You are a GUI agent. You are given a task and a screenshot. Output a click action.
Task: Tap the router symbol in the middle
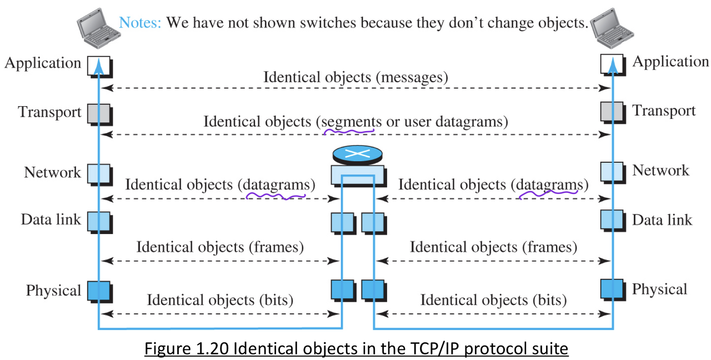(x=358, y=154)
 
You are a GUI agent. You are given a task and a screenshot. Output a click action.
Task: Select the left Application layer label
(x=43, y=63)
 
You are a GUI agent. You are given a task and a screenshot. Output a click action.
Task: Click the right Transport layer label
(x=664, y=111)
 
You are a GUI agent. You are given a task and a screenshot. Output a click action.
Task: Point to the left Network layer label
(x=52, y=172)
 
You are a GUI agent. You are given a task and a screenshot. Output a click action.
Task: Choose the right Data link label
(x=662, y=220)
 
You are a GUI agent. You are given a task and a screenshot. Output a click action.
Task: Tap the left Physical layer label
(x=53, y=290)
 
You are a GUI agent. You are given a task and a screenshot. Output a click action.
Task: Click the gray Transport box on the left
(x=99, y=113)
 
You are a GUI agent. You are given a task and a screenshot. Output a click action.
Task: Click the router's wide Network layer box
(x=357, y=173)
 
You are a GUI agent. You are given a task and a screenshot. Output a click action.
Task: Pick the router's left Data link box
(x=342, y=222)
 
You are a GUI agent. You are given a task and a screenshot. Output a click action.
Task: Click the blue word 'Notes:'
(x=140, y=23)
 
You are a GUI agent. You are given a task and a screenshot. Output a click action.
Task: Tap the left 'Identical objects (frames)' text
(x=220, y=247)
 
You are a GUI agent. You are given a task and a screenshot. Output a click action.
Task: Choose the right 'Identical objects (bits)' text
(x=493, y=301)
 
